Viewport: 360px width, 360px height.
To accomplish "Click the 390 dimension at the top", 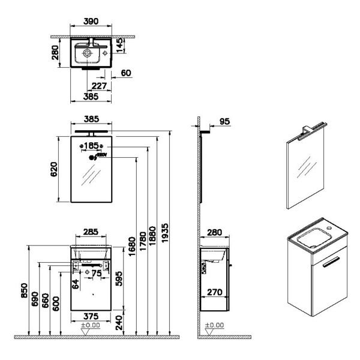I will pyautogui.click(x=91, y=20).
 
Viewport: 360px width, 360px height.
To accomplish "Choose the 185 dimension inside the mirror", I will pyautogui.click(x=92, y=146).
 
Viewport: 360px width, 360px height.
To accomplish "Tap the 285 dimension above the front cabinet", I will pyautogui.click(x=91, y=231).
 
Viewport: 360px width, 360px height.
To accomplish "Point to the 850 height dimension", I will pyautogui.click(x=25, y=292).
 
